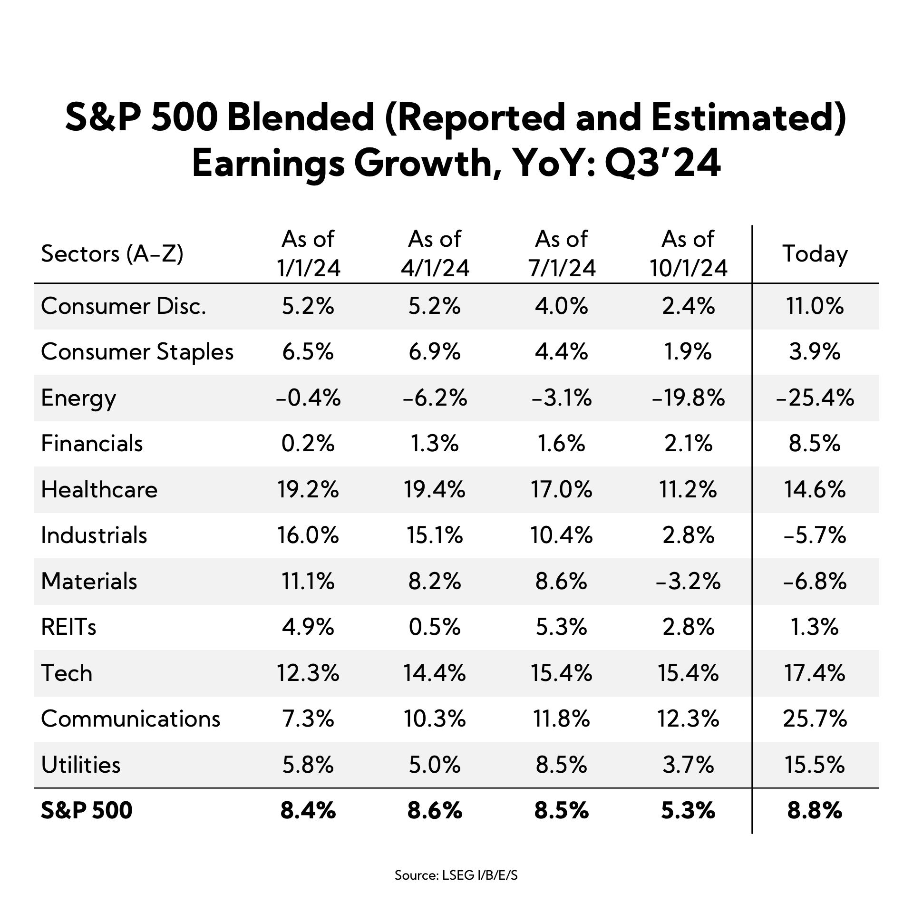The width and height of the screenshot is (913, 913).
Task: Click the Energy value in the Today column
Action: pos(815,398)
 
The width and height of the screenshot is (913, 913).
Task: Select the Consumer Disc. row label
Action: pos(124,306)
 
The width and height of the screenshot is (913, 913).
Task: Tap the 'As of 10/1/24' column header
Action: pos(688,253)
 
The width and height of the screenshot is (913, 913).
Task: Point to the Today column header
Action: pos(815,253)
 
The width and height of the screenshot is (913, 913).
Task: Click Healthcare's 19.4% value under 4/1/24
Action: pos(435,489)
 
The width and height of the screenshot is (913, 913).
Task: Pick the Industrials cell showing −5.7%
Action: pos(815,535)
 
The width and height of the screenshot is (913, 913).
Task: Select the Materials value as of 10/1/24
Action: pos(688,581)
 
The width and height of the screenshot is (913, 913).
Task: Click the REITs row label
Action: pos(69,627)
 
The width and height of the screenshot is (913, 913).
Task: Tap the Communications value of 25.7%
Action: pos(815,719)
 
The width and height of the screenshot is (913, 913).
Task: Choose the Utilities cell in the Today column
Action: pos(815,765)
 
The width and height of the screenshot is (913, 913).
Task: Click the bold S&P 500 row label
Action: pos(87,810)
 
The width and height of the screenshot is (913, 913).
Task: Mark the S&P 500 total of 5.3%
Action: pos(688,810)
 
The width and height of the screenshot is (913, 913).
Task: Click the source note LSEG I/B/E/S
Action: pos(456,875)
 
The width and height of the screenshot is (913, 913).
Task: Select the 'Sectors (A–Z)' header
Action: pos(112,254)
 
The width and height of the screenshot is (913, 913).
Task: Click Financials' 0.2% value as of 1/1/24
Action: pos(308,444)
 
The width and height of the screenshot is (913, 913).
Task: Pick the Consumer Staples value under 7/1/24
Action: pos(562,352)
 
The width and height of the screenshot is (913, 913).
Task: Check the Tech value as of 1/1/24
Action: pos(308,673)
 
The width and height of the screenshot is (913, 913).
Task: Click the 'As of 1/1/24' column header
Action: pos(308,253)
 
